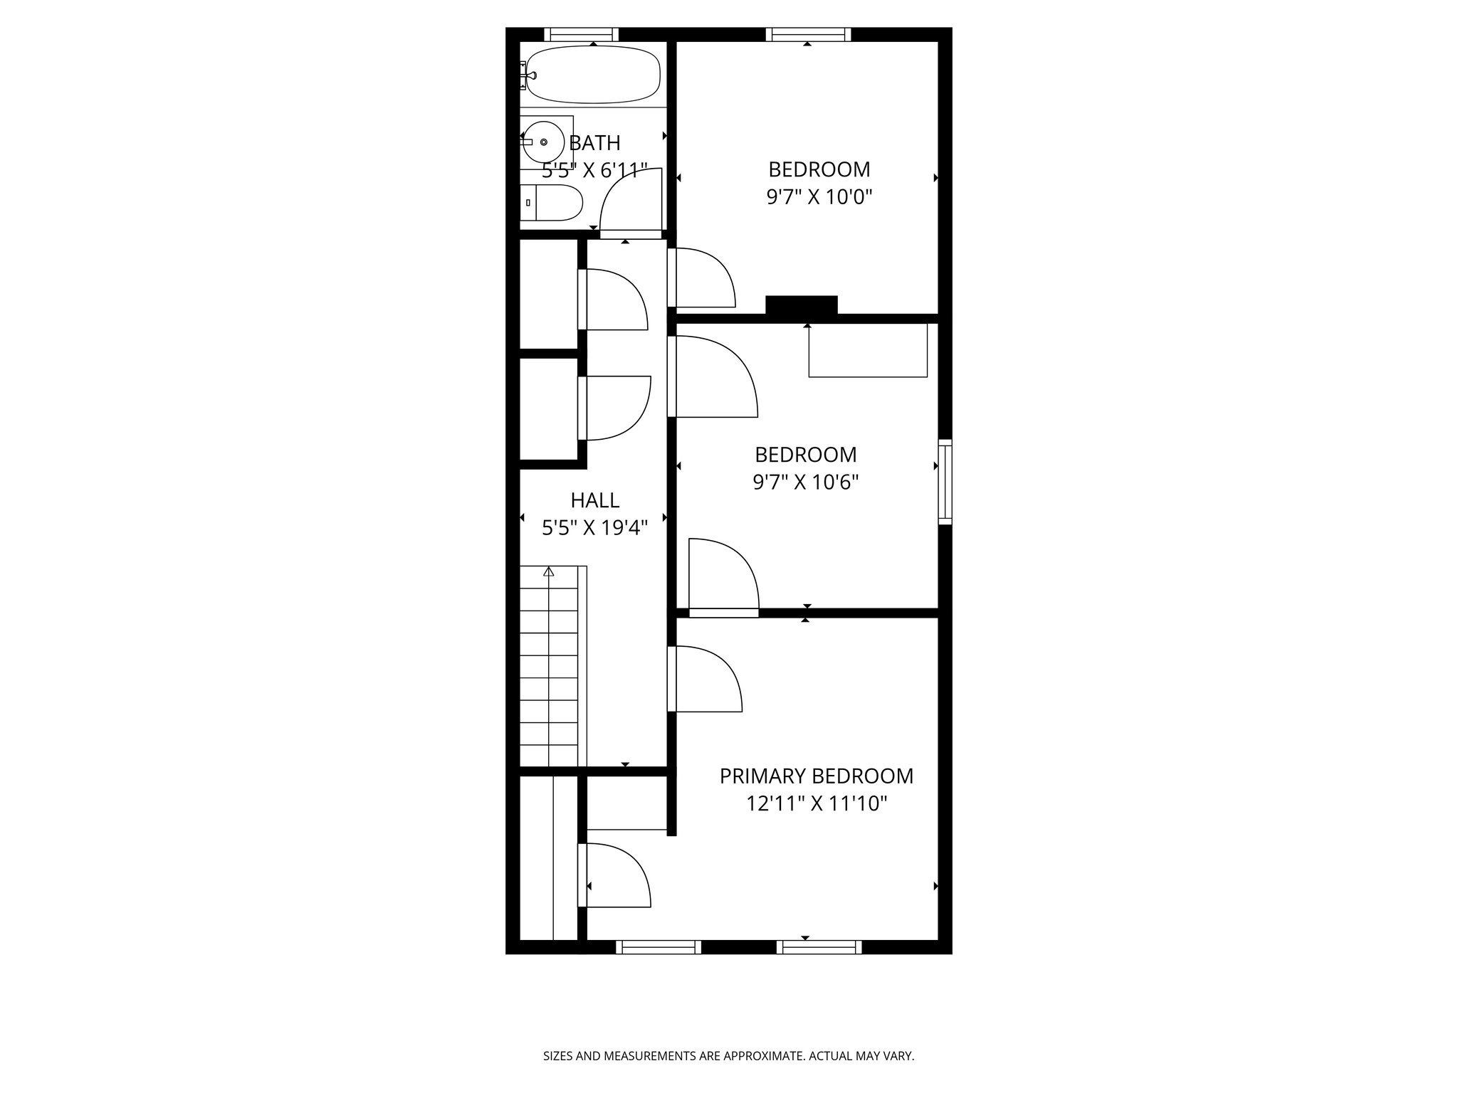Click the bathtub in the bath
coord(593,74)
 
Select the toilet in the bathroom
coord(552,203)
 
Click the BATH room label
coord(595,143)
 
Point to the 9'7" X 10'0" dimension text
coord(819,197)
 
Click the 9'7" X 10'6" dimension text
coord(805,482)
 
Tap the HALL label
coord(594,500)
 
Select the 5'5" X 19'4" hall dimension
coord(594,528)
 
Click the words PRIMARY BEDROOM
coord(816,776)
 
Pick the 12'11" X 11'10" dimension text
coord(816,804)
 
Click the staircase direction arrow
coord(548,571)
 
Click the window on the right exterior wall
coord(945,482)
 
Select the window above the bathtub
coord(581,34)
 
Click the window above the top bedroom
coord(808,34)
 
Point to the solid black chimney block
coord(801,305)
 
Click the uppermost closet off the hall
coord(548,294)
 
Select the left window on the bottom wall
coord(658,946)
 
